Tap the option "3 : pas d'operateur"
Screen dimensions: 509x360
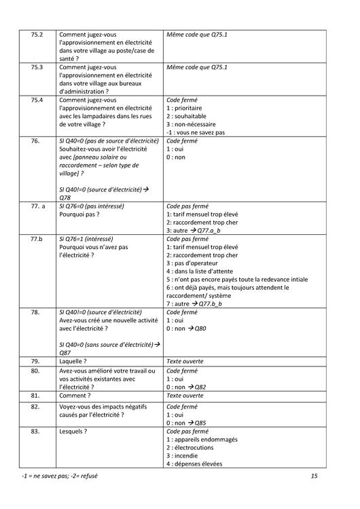click(x=197, y=263)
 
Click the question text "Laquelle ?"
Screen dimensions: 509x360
click(x=75, y=362)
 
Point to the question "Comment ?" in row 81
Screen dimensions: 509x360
click(x=75, y=396)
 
